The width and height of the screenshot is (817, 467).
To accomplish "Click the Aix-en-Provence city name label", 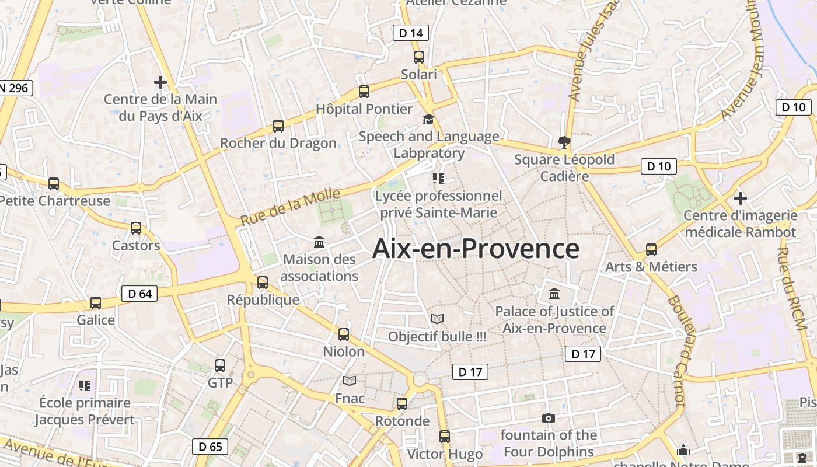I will (x=476, y=249).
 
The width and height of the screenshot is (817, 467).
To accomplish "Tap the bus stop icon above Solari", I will (x=419, y=57).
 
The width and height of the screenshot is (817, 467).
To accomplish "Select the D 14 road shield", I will (x=411, y=33).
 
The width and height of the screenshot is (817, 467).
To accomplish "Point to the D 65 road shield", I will (x=210, y=447).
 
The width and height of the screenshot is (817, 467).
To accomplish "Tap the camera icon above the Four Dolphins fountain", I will (x=548, y=418).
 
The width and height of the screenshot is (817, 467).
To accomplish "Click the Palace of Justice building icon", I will (x=554, y=294).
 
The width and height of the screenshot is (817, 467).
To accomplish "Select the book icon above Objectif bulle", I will (x=437, y=319).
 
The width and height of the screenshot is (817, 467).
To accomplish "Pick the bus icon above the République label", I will (x=263, y=283).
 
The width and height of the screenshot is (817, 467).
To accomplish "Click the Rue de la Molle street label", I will (x=291, y=207).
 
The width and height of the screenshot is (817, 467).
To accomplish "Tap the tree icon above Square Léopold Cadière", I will (x=564, y=142).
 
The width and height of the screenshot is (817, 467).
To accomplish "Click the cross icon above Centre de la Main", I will (x=160, y=82).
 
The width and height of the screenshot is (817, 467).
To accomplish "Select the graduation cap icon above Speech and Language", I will (x=429, y=119).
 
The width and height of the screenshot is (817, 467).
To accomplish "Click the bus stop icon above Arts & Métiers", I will (x=651, y=250).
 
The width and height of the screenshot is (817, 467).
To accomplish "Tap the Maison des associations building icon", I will (x=319, y=242).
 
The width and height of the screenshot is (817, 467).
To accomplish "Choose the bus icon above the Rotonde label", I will (x=402, y=404).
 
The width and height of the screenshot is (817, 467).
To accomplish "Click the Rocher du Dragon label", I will (x=278, y=143).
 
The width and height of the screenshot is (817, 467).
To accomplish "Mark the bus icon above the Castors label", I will (x=136, y=228).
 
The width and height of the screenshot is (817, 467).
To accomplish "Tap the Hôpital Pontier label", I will (x=364, y=109).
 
